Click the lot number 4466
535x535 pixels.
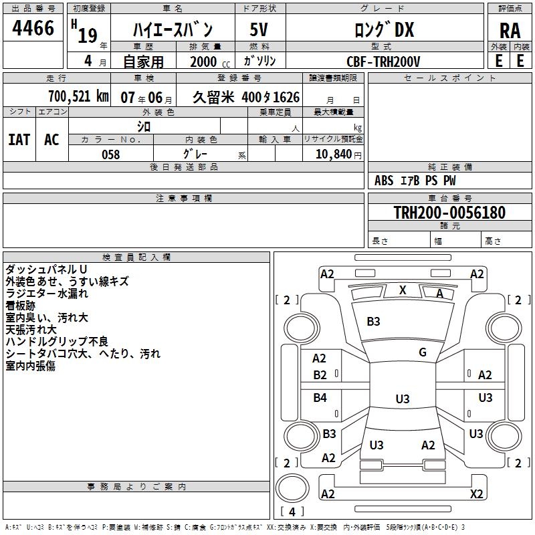coord(33,29)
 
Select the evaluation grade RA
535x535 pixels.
coord(510,31)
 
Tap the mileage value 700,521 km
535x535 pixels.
coord(78,96)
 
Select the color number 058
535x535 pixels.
coord(111,154)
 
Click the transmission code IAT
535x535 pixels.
coord(19,140)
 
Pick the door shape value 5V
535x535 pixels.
coord(259,29)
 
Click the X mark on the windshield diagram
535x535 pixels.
coord(403,290)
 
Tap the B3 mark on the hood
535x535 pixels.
coord(373,322)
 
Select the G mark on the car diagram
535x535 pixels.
coord(423,352)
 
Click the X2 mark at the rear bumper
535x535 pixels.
coord(476,494)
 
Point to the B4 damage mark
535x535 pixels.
coord(320,398)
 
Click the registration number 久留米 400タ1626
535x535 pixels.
coord(246,97)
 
